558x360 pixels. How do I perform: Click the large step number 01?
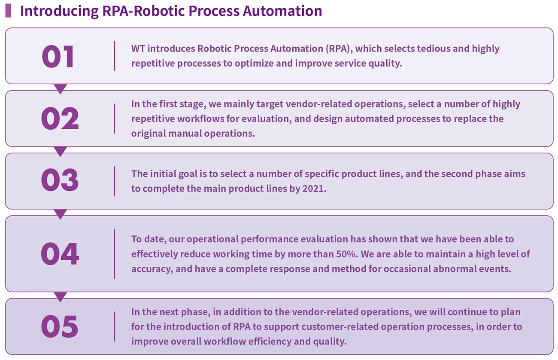pyautogui.click(x=58, y=56)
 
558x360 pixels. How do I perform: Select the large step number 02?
pyautogui.click(x=60, y=119)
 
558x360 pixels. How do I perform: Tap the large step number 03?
pyautogui.click(x=60, y=180)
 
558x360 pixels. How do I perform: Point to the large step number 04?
pyautogui.click(x=60, y=254)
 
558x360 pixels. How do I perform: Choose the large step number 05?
pyautogui.click(x=60, y=326)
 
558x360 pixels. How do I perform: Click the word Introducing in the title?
pyautogui.click(x=59, y=11)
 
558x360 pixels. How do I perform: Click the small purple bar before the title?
pyautogui.click(x=8, y=11)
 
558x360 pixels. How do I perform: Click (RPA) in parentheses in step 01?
pyautogui.click(x=339, y=49)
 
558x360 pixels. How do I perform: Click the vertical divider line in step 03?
pyautogui.click(x=114, y=181)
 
